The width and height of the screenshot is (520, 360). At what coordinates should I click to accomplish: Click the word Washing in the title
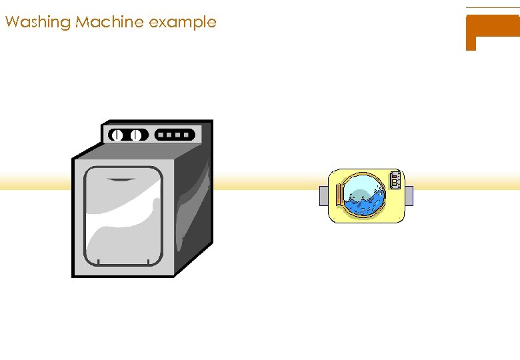[37, 22]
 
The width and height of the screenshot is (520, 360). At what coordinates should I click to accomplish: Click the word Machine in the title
[110, 22]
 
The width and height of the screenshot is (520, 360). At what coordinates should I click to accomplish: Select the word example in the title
[183, 22]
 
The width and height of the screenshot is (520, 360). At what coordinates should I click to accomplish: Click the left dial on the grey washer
[117, 135]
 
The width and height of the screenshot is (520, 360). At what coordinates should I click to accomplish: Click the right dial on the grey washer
[136, 135]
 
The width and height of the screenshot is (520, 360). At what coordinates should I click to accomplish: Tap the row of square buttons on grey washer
[175, 135]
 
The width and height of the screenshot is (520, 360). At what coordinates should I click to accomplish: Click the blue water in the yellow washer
[363, 203]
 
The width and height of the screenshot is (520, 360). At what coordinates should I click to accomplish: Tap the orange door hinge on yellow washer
[341, 195]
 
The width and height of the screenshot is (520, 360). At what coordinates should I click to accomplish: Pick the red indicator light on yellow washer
[395, 176]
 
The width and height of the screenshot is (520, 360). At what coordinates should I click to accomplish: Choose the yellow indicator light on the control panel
[395, 180]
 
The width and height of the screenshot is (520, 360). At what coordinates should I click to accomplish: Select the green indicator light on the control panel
[395, 185]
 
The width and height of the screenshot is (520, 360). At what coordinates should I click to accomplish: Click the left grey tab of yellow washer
[323, 196]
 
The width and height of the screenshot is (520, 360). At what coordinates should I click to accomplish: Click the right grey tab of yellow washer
[409, 196]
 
